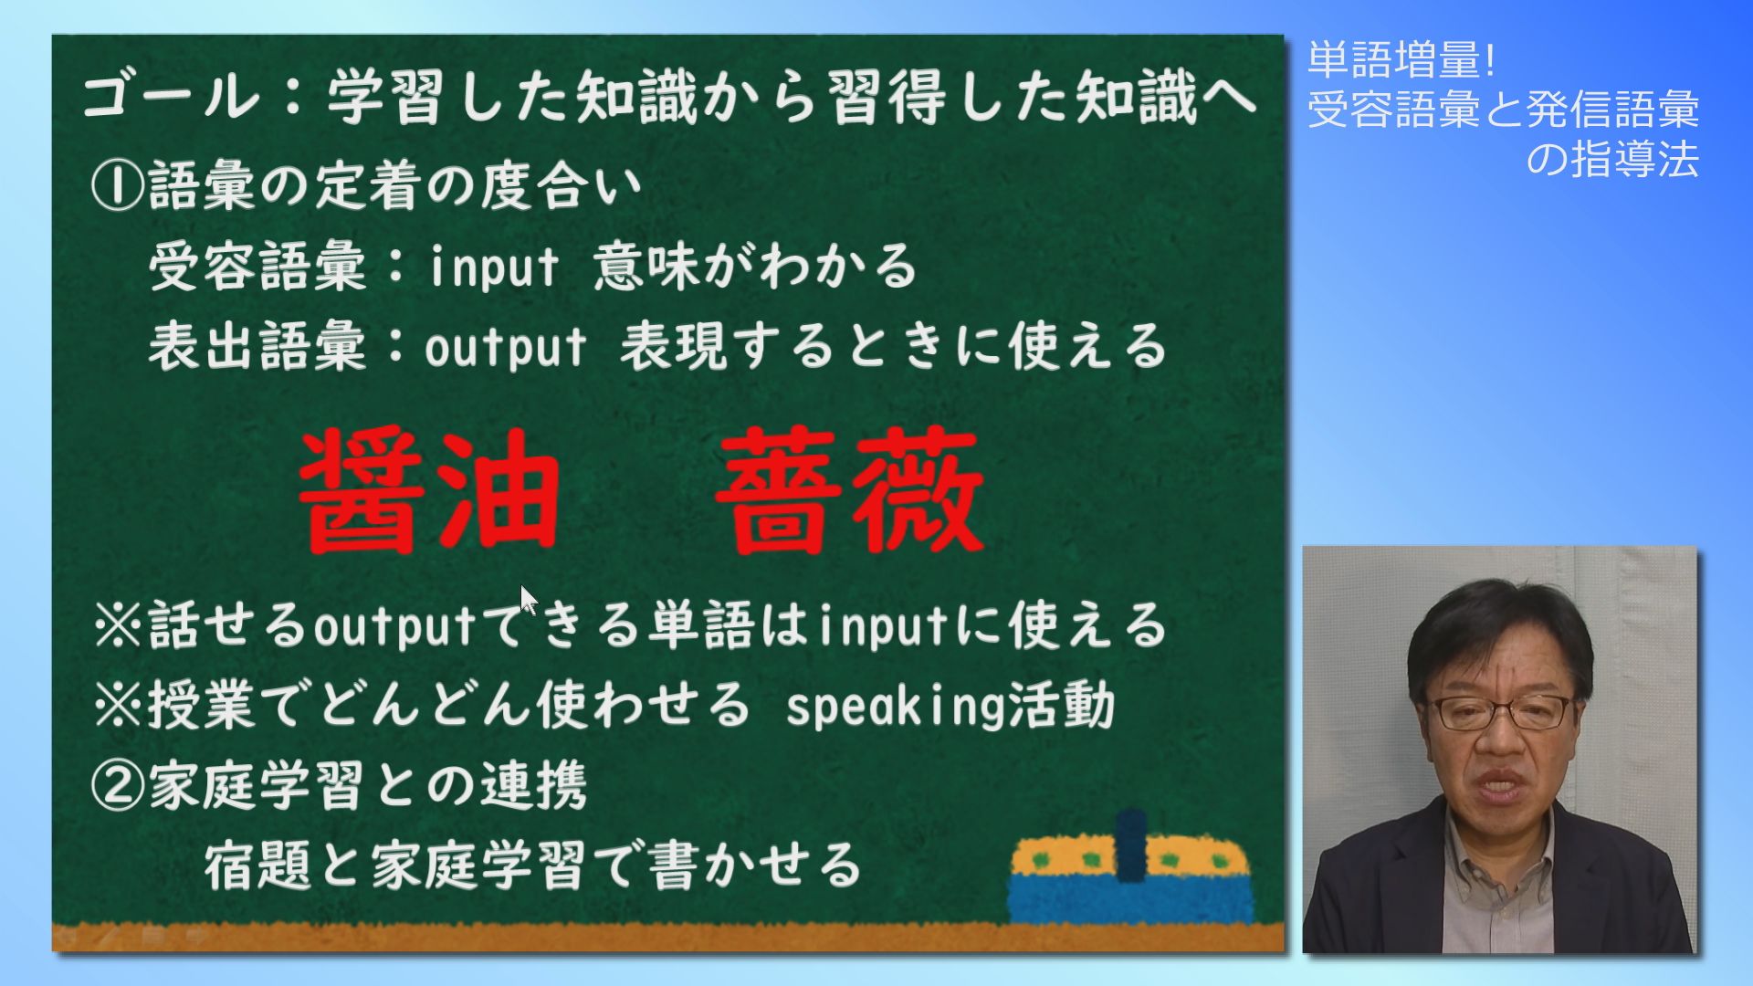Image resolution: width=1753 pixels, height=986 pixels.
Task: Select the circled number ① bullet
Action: (117, 186)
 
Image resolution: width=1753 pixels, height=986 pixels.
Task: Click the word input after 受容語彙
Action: (493, 267)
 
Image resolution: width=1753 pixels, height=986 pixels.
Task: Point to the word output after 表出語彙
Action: (505, 348)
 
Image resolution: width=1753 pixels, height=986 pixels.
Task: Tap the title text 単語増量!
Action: (1402, 60)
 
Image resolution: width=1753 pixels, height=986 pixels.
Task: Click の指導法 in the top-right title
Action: (1612, 159)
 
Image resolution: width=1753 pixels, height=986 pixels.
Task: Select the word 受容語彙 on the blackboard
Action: (258, 267)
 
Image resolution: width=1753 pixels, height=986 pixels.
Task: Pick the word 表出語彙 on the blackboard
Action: (258, 347)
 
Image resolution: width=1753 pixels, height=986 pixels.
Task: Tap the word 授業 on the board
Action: (202, 706)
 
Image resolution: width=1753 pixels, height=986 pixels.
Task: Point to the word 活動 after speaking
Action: (1062, 706)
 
